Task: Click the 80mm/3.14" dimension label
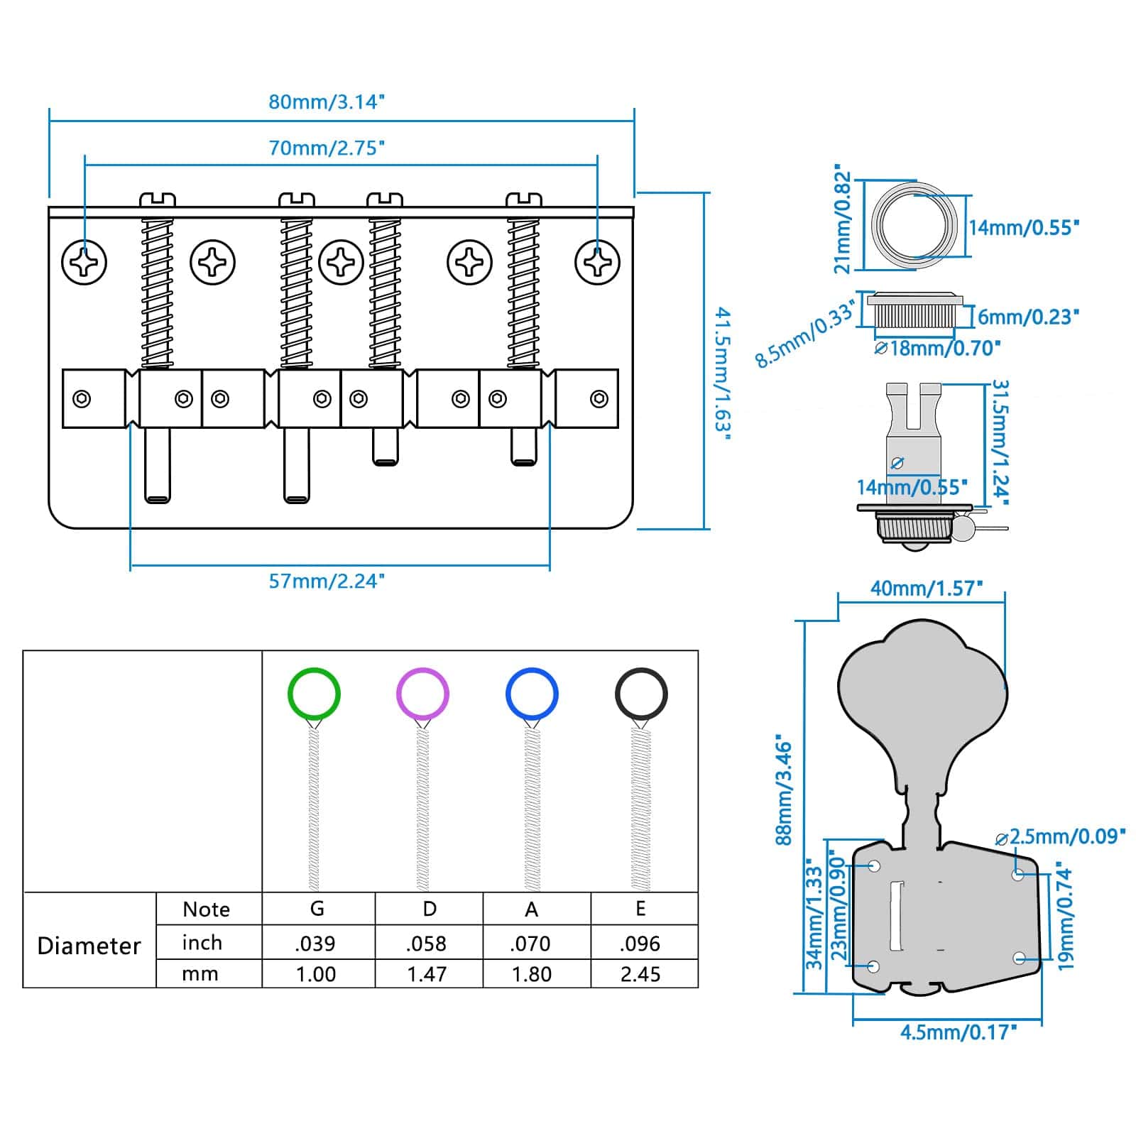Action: point(326,102)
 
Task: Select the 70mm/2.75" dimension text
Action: point(326,148)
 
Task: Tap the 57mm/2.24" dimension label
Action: point(326,581)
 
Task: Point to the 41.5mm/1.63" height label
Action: point(722,373)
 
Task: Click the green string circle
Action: point(314,694)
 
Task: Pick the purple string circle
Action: point(422,694)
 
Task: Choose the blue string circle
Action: point(532,694)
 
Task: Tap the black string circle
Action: point(641,694)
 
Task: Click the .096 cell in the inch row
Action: point(640,944)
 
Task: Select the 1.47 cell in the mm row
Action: point(427,974)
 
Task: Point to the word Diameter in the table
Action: point(89,946)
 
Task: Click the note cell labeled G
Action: point(317,909)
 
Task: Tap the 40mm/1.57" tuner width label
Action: point(926,589)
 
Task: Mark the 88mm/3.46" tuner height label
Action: point(783,790)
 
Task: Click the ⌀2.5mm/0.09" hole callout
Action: point(1061,836)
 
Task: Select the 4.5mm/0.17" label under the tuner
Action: point(958,1032)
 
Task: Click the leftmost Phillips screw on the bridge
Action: point(84,262)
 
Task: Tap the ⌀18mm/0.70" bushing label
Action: point(937,348)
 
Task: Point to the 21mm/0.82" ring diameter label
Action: point(841,220)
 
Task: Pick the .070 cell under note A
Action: point(531,944)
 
